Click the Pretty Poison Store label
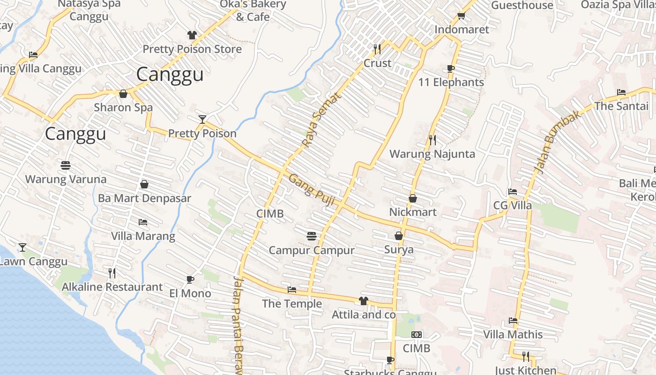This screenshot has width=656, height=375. click(192, 49)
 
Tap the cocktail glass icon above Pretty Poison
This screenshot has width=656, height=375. click(202, 119)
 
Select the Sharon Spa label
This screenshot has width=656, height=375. click(123, 107)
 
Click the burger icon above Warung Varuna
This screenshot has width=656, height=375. click(66, 165)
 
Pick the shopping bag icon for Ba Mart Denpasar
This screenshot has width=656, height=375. click(144, 184)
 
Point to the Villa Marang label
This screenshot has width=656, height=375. click(143, 236)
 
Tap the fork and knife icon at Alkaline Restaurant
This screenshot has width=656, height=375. click(112, 273)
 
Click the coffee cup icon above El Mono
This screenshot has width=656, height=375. click(190, 279)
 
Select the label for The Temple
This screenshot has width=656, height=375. click(292, 304)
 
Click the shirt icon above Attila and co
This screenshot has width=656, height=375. click(364, 300)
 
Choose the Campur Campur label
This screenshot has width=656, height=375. click(312, 250)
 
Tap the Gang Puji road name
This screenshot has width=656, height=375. click(312, 189)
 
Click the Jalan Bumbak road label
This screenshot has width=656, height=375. click(557, 142)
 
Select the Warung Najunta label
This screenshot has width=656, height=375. click(432, 154)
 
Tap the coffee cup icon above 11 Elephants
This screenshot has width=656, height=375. click(451, 68)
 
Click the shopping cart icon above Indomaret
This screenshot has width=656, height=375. click(461, 16)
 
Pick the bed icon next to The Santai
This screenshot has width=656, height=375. click(621, 92)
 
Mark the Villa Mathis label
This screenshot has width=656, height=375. click(513, 335)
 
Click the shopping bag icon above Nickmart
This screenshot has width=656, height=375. click(413, 198)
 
